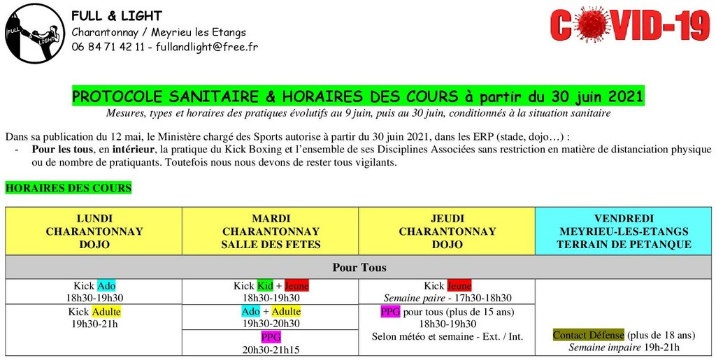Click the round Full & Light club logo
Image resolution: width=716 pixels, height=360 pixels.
(34, 34)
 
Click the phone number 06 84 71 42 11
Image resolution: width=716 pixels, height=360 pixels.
(108, 48)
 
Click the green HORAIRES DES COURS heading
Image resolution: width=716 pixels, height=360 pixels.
(68, 188)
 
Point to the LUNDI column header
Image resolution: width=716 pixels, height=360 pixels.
(94, 231)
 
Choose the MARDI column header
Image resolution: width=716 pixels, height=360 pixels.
(271, 231)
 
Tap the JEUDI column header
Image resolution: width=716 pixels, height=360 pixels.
(447, 231)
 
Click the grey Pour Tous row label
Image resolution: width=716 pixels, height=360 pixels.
(359, 267)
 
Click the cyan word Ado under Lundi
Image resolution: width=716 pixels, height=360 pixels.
(106, 286)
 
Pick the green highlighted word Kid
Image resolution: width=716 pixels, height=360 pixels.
(265, 286)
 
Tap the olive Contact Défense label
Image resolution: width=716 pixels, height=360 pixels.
(588, 336)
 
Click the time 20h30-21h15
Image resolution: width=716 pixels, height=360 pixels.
(271, 349)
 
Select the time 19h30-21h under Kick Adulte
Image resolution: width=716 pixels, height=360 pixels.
(94, 324)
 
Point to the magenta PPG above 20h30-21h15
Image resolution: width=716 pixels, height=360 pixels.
(271, 337)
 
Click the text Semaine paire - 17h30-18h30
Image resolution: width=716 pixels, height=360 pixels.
(447, 298)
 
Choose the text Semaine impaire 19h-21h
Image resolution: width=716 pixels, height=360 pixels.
(624, 347)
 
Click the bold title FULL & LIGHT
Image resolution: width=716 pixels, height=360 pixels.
(117, 16)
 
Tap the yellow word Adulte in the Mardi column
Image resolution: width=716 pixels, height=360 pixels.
(286, 311)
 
